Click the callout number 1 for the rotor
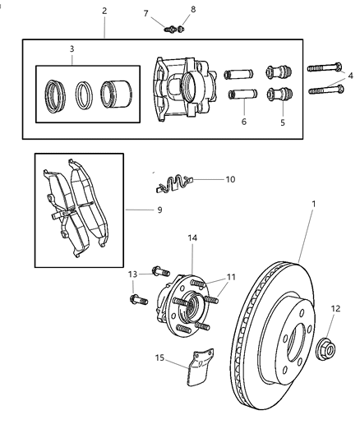tap(313, 203)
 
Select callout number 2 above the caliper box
tap(104, 11)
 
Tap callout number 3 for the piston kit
tap(72, 49)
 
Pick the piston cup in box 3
tap(116, 92)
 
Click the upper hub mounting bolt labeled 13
tap(158, 270)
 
